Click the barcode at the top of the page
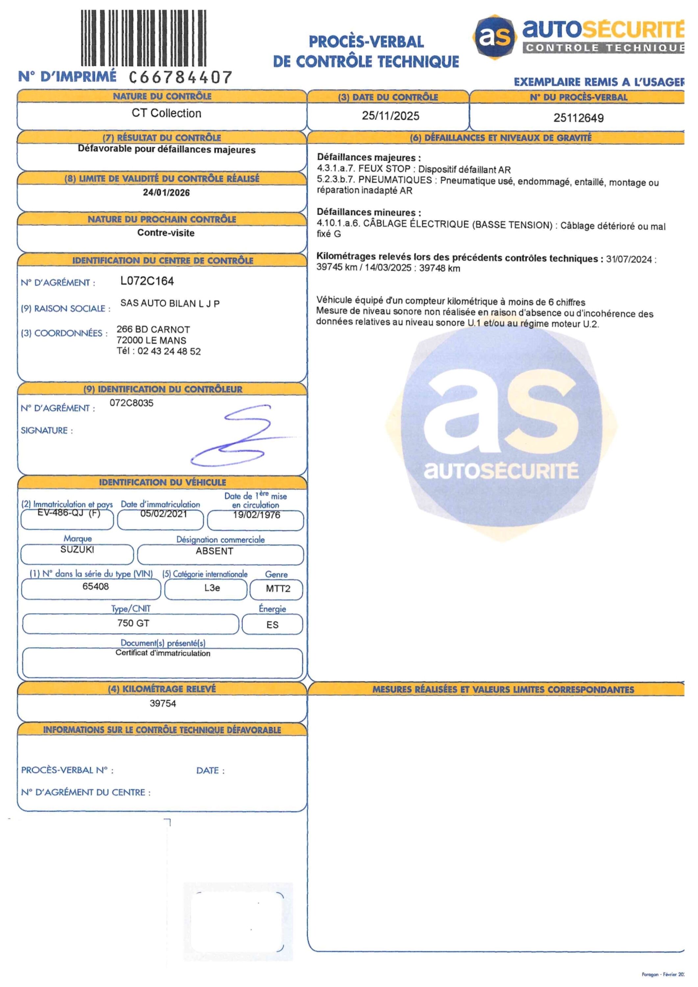tap(143, 38)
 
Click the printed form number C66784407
tap(181, 77)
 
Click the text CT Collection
tap(166, 113)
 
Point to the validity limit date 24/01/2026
tap(166, 192)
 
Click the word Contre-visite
tap(166, 233)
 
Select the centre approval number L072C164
tap(147, 281)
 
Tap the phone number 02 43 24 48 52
tap(169, 351)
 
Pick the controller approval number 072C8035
tap(132, 403)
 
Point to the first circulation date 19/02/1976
tap(256, 515)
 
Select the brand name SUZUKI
tap(77, 549)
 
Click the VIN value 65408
tap(95, 586)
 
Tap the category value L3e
tap(212, 588)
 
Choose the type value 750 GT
tap(133, 623)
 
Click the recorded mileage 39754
tap(163, 703)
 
